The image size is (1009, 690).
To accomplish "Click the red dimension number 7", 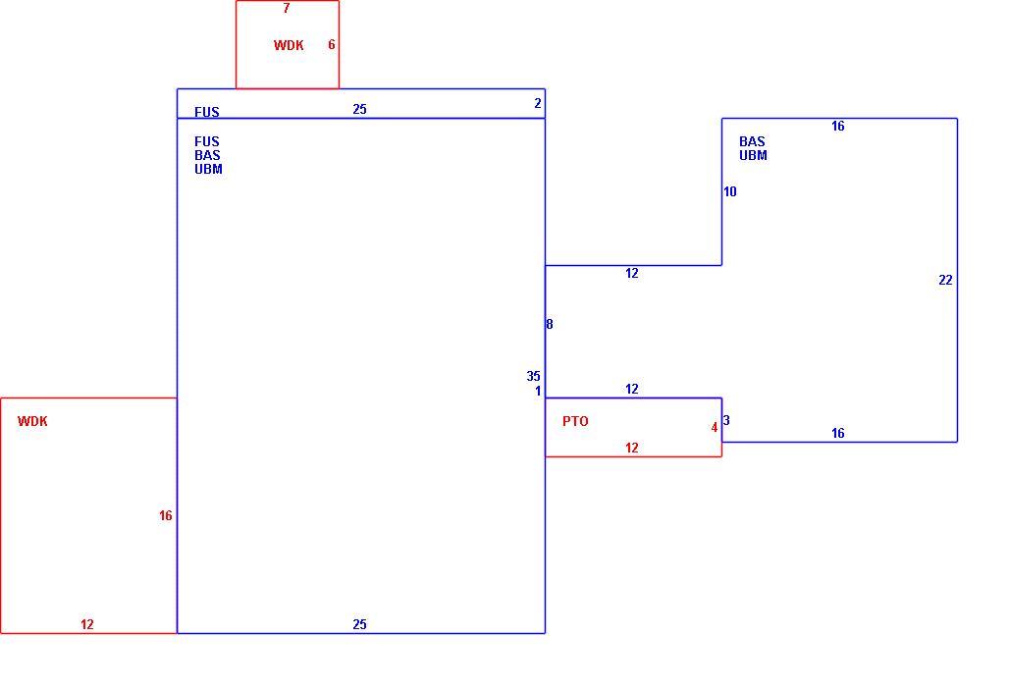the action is (287, 9).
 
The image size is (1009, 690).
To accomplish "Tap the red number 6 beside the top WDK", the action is (332, 44).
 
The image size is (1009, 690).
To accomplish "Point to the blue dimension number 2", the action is (538, 103).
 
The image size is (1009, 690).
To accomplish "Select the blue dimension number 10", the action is (729, 191).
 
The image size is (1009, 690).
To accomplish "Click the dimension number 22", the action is (945, 280).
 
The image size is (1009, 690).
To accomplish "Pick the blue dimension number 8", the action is (550, 324).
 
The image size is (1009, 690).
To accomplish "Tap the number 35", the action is (534, 376).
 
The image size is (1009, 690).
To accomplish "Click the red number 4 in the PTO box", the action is (715, 427).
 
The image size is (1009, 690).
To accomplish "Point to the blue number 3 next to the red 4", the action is (726, 420).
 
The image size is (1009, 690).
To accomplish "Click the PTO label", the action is (575, 421).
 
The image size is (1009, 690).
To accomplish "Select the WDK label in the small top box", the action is (289, 45).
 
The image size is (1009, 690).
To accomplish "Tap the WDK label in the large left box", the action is (32, 421).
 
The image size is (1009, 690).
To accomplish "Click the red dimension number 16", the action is (165, 515).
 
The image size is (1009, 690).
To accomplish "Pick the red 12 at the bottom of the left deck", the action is (87, 624).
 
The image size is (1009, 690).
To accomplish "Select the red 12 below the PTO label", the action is (632, 448).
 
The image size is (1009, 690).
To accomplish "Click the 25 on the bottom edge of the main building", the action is (359, 624).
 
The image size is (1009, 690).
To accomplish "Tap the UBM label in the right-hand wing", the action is (753, 155).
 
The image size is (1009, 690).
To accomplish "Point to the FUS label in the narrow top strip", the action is (206, 112).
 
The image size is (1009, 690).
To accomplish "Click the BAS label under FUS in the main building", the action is (207, 155).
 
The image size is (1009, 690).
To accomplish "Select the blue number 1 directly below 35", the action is (538, 391).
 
